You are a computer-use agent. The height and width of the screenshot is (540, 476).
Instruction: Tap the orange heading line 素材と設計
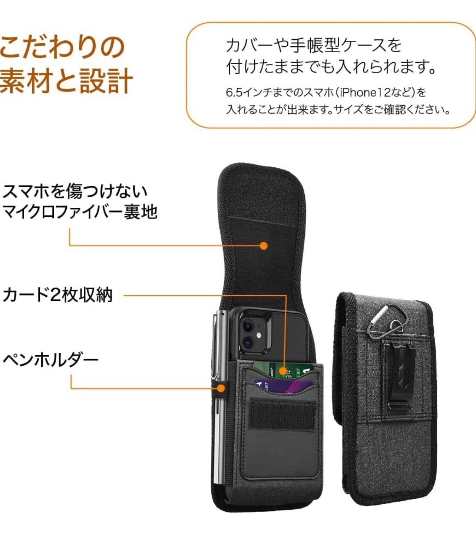(66, 80)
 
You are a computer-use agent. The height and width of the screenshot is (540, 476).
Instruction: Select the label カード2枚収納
(57, 295)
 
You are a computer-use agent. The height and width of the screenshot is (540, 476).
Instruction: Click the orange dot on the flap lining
(264, 246)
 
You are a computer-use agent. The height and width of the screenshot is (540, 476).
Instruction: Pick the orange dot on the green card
(283, 371)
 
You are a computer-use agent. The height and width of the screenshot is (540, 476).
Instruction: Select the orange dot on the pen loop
(220, 388)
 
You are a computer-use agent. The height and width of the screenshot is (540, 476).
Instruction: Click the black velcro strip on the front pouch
(283, 414)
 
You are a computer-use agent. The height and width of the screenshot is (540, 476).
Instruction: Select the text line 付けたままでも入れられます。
(331, 67)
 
